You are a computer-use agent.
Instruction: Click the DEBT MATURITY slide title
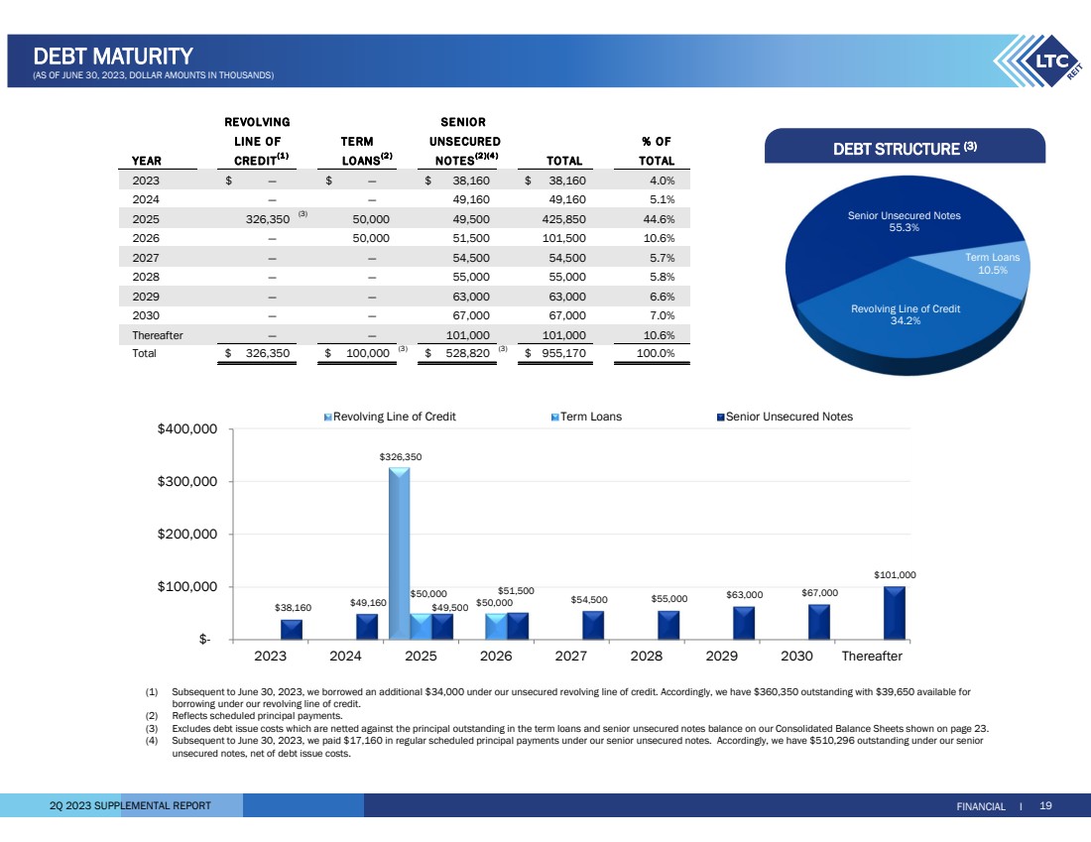[x=112, y=57]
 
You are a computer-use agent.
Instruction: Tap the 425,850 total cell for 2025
[x=562, y=219]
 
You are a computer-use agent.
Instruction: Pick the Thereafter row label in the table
[x=158, y=334]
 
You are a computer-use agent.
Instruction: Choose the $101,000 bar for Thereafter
[x=894, y=612]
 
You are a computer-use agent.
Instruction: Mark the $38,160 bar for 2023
[x=292, y=629]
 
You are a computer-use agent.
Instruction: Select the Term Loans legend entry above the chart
[x=586, y=417]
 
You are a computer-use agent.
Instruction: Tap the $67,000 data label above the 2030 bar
[x=819, y=593]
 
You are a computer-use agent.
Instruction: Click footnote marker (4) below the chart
[x=152, y=740]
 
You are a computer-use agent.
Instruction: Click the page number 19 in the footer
[x=1045, y=806]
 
